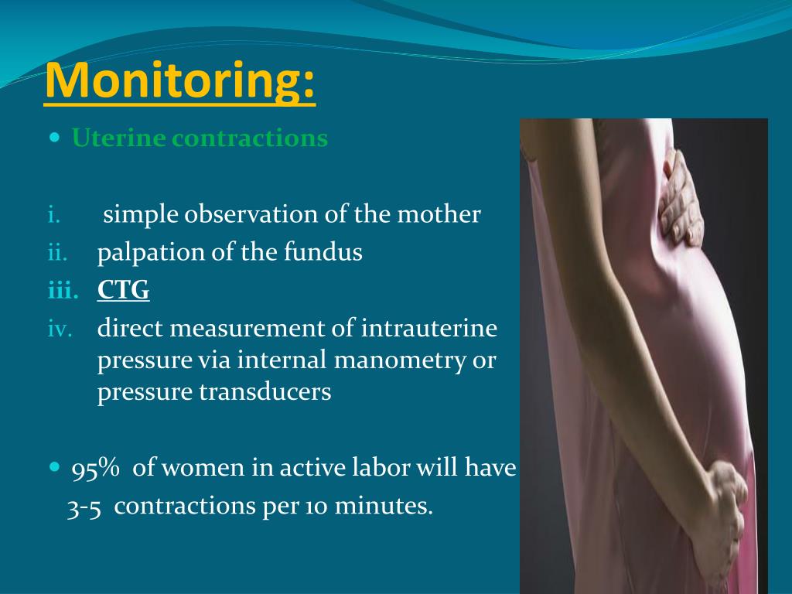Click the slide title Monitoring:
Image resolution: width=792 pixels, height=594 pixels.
pos(180,80)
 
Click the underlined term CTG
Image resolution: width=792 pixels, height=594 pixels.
pos(124,290)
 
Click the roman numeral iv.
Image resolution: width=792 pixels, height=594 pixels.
pos(60,329)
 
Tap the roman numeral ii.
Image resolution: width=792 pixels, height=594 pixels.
pos(57,253)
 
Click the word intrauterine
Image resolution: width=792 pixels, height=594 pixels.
pos(429,329)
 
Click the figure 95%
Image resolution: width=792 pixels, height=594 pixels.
pos(96,469)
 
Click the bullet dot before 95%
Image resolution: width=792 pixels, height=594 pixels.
pos(53,468)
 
